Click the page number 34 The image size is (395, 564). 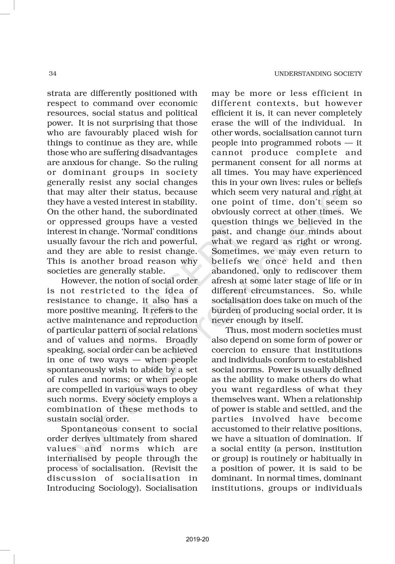(x=53, y=74)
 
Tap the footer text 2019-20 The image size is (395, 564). (x=197, y=540)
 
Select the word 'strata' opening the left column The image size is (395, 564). (x=58, y=93)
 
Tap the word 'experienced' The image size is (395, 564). (x=339, y=172)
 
